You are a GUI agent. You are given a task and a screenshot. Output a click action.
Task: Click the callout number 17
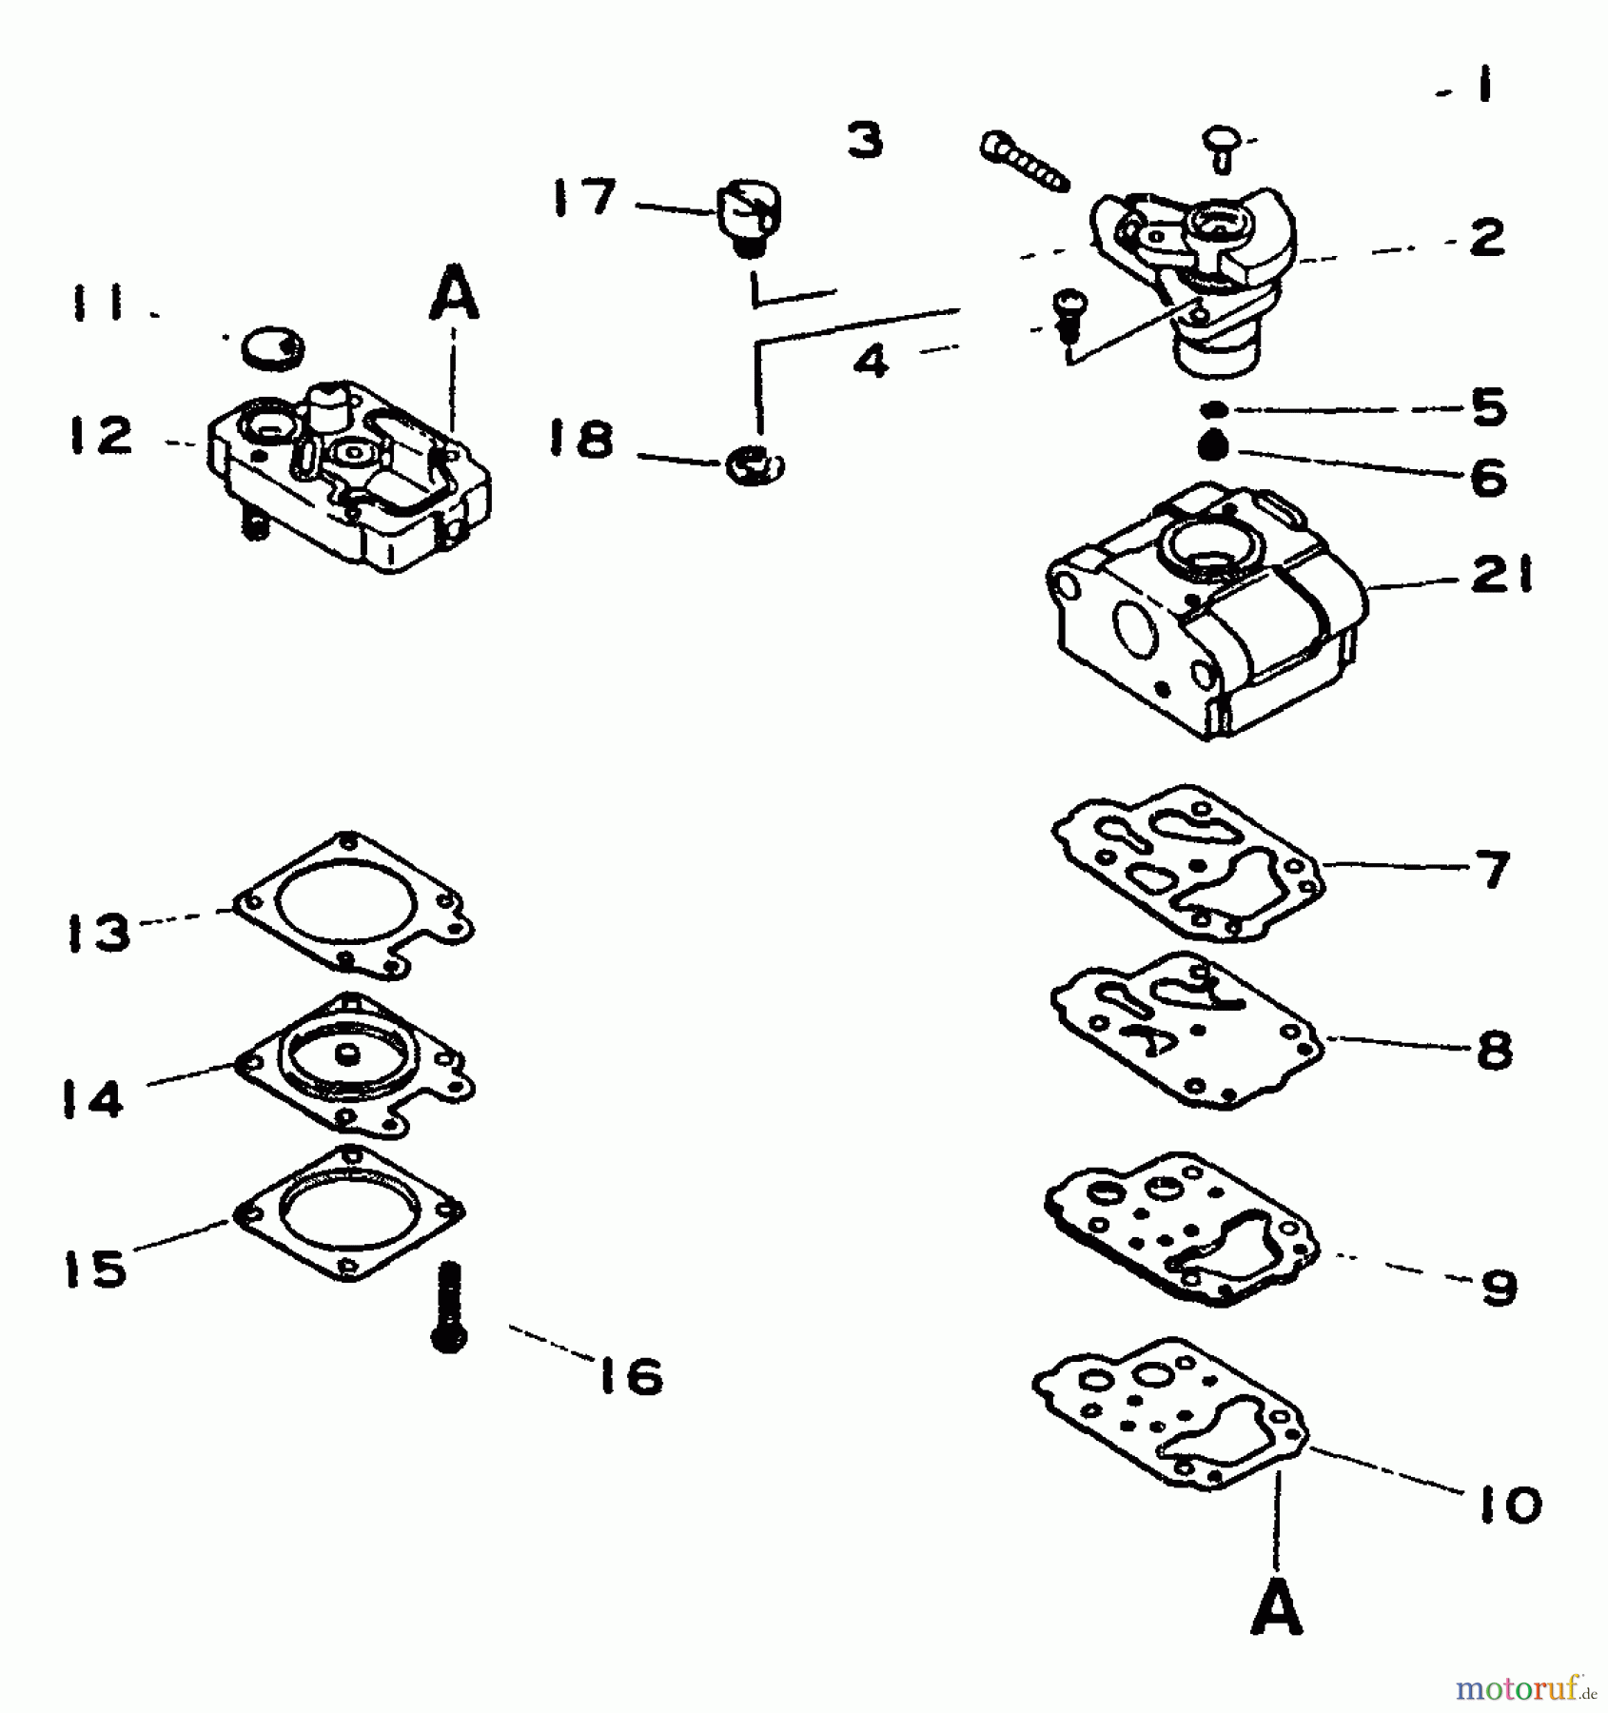585,200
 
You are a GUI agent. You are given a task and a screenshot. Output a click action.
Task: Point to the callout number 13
98,932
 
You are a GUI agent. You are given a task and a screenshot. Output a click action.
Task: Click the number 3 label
865,140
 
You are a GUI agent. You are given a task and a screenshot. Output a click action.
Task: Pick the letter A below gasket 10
1277,1609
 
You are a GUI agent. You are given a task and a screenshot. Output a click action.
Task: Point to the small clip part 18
754,464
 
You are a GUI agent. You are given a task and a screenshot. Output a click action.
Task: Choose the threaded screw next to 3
1023,159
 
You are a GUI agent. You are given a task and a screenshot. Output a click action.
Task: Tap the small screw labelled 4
1067,316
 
